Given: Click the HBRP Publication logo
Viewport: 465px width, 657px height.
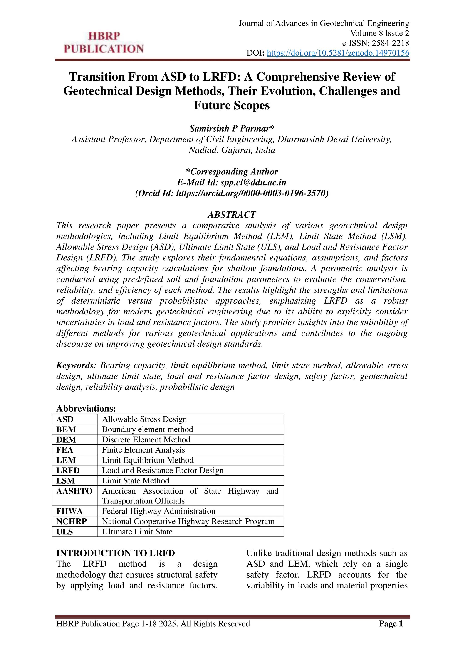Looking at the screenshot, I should click(x=104, y=43).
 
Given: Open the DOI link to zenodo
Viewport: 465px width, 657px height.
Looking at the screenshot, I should click(x=338, y=53).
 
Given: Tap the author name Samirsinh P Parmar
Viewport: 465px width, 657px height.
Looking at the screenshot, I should click(x=232, y=128).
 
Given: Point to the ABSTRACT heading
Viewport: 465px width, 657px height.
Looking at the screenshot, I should click(x=232, y=215).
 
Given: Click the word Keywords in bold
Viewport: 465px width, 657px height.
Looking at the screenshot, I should click(x=76, y=365).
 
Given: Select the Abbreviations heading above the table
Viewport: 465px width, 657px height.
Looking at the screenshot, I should click(x=86, y=408).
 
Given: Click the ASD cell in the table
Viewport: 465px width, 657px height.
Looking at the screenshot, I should click(x=65, y=419).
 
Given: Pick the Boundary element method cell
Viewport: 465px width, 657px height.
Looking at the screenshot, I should click(x=147, y=429).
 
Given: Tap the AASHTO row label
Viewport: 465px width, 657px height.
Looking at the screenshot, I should click(x=74, y=491).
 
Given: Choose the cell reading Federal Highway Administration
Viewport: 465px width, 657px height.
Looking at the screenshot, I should click(x=159, y=511).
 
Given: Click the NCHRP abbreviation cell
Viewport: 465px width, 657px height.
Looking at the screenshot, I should click(x=72, y=521).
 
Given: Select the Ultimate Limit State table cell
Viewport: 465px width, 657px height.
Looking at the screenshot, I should click(x=137, y=532).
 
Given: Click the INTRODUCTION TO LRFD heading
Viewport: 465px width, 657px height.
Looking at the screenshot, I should click(x=115, y=553).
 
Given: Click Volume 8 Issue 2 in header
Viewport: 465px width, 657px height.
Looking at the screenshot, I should click(x=379, y=33).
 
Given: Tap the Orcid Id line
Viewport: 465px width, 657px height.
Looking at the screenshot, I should click(x=232, y=193).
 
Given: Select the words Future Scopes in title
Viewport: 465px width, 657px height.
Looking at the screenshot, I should click(x=232, y=105).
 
